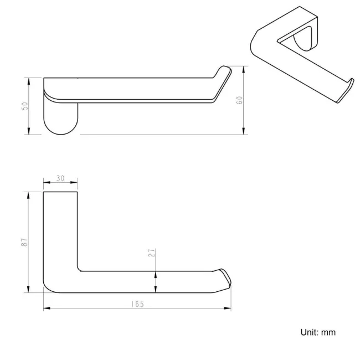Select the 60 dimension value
[x=240, y=100]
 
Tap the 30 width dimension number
[x=60, y=179]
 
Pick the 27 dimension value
[x=151, y=253]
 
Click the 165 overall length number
[x=137, y=304]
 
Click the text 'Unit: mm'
[x=317, y=332]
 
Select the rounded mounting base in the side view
[x=61, y=119]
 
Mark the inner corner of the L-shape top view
[x=79, y=270]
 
